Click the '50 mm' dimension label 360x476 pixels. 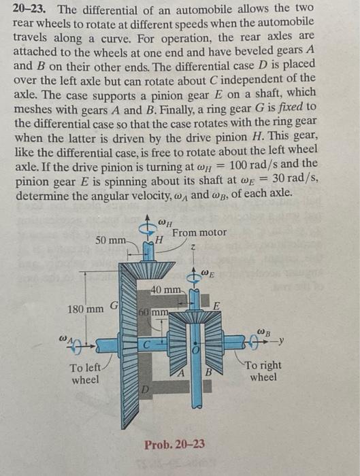point(111,241)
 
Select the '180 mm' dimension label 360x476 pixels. point(85,309)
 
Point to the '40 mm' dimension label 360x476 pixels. point(166,291)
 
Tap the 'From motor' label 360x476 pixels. point(199,233)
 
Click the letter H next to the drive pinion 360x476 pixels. point(159,239)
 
